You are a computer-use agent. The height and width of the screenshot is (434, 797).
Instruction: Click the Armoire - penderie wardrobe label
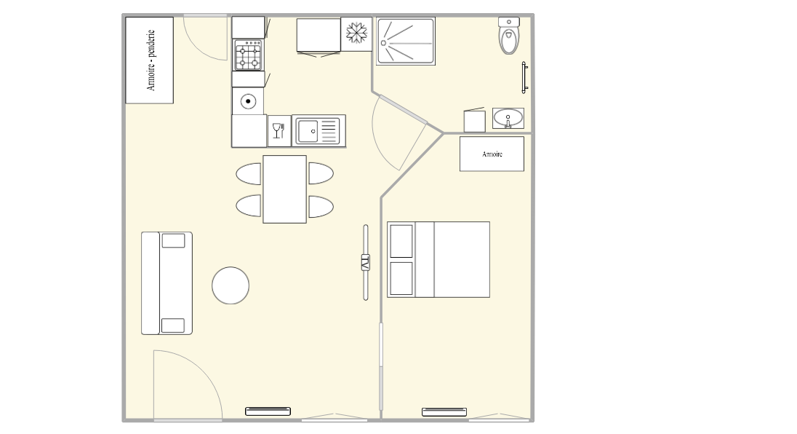click(151, 60)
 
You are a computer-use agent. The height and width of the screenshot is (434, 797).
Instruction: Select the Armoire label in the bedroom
click(492, 154)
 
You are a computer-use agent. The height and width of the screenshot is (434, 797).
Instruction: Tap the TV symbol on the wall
click(366, 263)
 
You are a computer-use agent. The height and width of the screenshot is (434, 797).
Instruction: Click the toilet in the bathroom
click(509, 36)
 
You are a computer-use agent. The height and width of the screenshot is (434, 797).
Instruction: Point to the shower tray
click(406, 42)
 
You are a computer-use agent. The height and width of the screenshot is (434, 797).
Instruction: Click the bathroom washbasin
click(508, 118)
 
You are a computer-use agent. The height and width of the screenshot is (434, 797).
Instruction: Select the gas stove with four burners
click(248, 55)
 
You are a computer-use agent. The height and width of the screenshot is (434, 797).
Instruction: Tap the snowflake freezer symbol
click(356, 33)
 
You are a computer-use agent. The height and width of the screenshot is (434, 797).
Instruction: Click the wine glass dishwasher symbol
click(279, 131)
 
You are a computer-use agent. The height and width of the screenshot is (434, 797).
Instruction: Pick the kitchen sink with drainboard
click(319, 131)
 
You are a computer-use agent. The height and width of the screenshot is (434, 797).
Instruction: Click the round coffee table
click(231, 285)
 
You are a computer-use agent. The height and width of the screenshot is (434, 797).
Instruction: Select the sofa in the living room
click(167, 283)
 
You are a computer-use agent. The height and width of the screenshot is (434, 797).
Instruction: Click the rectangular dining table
click(284, 189)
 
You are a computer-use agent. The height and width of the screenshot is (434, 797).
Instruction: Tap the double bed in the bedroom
click(438, 259)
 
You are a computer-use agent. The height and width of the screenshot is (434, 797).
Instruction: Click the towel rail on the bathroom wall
click(524, 77)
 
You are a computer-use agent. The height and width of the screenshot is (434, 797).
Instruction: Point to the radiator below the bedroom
click(444, 411)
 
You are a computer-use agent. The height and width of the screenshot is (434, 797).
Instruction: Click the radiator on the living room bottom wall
click(268, 411)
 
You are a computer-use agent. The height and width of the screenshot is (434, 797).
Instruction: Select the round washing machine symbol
click(248, 101)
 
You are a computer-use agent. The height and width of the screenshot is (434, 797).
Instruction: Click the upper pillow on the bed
click(401, 241)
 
